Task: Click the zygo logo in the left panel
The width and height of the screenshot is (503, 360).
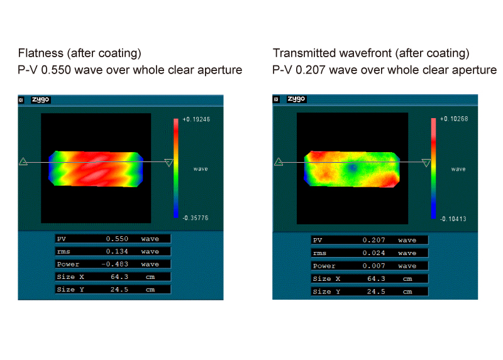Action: (x=41, y=100)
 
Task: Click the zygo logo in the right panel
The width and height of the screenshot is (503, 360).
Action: (x=296, y=99)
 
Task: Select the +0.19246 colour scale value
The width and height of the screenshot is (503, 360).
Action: (x=196, y=119)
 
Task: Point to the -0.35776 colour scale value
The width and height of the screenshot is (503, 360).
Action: (x=196, y=218)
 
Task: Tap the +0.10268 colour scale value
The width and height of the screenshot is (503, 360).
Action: (x=454, y=119)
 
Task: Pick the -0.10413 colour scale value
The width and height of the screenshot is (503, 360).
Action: (x=453, y=219)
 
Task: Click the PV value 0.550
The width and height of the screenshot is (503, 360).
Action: (x=117, y=239)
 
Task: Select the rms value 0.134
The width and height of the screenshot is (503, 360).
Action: (x=117, y=251)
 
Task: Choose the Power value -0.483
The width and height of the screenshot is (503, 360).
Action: (x=115, y=264)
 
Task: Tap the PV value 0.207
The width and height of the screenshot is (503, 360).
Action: (x=373, y=240)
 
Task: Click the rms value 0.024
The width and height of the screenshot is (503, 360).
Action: (x=373, y=253)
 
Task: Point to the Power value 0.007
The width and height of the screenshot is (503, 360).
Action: (x=373, y=266)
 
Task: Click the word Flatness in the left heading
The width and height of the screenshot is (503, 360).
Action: (x=41, y=53)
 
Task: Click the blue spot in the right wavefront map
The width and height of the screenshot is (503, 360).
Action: (x=353, y=168)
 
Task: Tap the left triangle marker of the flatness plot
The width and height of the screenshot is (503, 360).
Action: (x=23, y=161)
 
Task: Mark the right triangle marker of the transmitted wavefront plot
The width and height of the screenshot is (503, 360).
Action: (x=426, y=163)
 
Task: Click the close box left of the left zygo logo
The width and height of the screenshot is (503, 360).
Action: (x=21, y=100)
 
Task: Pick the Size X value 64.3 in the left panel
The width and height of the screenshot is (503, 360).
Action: (x=119, y=276)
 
